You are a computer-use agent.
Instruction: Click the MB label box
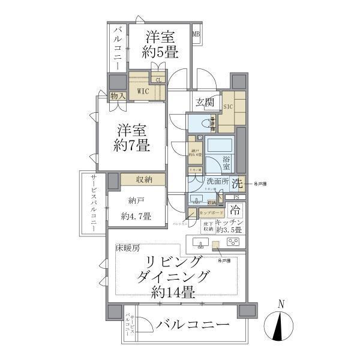196,34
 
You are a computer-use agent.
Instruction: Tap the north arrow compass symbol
280,327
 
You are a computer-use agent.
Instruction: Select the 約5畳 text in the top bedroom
160,52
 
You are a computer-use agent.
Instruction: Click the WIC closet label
143,91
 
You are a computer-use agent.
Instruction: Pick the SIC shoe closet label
228,106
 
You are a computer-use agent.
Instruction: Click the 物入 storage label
118,95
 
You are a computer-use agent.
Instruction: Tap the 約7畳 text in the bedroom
133,145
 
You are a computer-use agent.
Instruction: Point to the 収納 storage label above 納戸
143,179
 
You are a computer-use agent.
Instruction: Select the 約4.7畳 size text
135,216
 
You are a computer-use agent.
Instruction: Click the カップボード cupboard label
211,212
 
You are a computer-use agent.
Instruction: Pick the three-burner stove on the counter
233,242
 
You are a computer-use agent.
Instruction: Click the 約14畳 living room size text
172,293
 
